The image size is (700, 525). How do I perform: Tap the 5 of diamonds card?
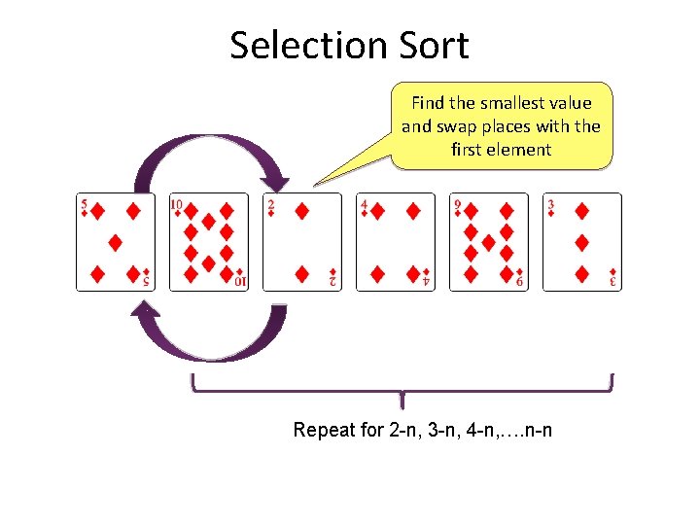116,242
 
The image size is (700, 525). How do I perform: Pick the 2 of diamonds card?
302,242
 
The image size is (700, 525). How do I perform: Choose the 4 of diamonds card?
396,242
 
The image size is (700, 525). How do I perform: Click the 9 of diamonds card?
489,242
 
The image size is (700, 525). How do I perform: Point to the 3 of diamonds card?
581,242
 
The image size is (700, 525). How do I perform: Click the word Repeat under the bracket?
325,430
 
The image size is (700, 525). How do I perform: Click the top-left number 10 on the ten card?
177,205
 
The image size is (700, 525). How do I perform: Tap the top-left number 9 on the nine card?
457,205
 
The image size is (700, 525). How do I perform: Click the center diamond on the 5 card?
116,242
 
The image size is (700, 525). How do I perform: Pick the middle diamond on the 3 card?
581,242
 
